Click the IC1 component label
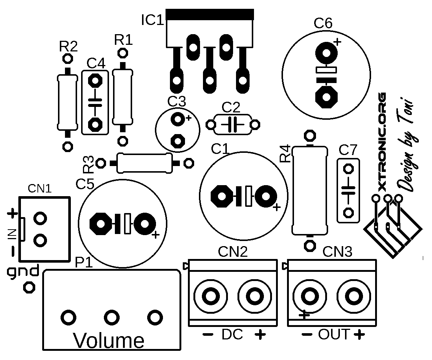click(x=152, y=21)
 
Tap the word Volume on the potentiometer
click(x=109, y=341)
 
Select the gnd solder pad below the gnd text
click(x=28, y=287)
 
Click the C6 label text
click(x=323, y=24)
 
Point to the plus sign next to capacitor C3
click(x=189, y=118)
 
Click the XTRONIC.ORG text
click(x=382, y=142)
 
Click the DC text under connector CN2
click(x=232, y=335)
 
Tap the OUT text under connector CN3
click(x=334, y=335)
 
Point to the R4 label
click(x=285, y=154)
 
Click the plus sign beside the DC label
click(x=260, y=335)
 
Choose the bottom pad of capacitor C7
click(x=348, y=213)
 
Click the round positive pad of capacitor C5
click(x=145, y=223)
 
